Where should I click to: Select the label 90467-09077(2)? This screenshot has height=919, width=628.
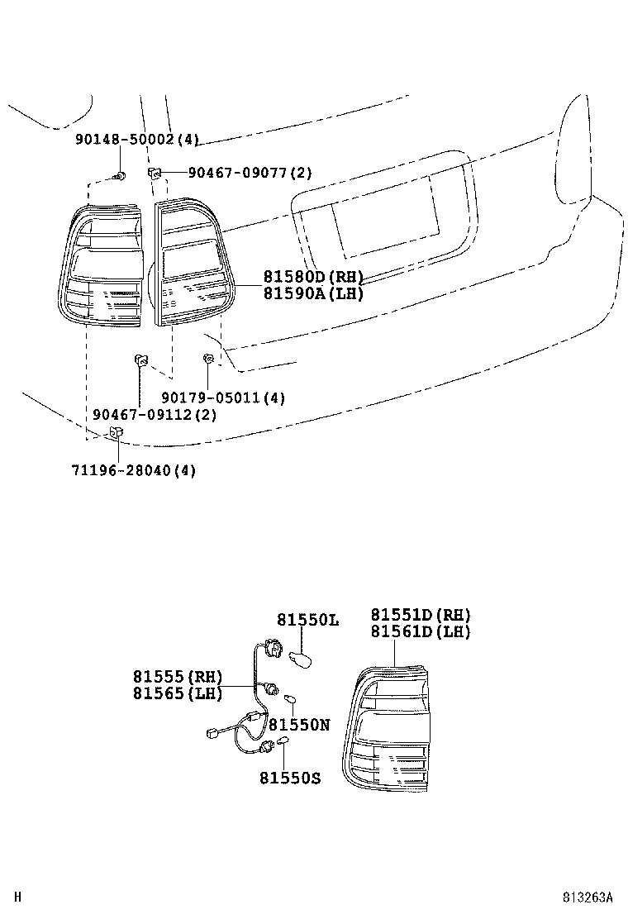coord(250,174)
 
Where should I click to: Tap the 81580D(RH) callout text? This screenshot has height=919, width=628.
coord(313,277)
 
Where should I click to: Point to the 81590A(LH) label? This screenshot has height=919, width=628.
coord(313,293)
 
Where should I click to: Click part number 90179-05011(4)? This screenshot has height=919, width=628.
coord(222,398)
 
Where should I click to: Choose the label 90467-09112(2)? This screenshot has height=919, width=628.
coord(155,415)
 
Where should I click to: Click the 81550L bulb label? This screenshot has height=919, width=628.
coord(307,619)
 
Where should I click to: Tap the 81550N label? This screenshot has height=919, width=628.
coord(298,725)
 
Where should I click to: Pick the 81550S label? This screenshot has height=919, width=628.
coord(289,778)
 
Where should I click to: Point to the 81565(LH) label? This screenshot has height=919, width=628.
coord(177,693)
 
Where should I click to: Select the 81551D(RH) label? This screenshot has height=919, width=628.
coord(420,616)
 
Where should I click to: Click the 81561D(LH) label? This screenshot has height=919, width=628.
coord(420,632)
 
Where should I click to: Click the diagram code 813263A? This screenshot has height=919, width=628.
coord(588,898)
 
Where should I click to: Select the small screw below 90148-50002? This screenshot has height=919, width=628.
coord(121,176)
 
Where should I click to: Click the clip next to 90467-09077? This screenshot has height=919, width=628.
coord(154,173)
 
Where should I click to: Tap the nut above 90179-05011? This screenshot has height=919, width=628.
coord(209,359)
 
